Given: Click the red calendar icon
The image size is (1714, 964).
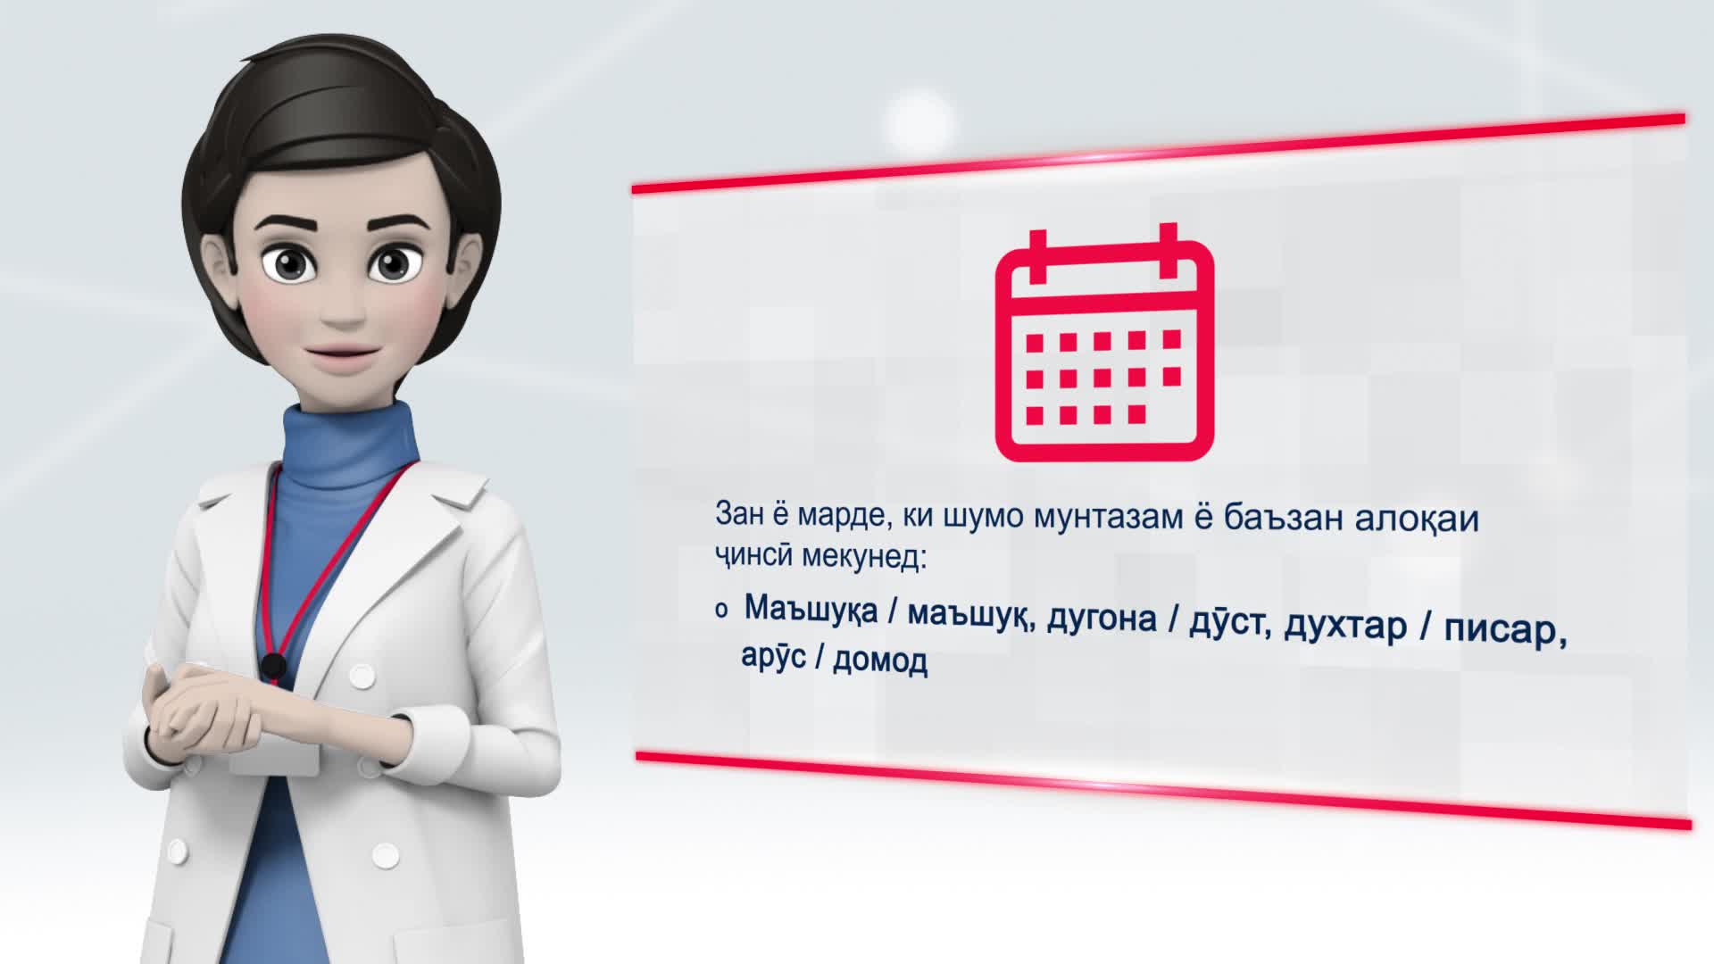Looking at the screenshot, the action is (1104, 343).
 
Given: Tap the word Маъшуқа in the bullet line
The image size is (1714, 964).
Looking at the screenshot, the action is (811, 611).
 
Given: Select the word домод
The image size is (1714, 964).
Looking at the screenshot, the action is (879, 661).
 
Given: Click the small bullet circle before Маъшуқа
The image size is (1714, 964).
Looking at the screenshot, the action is (720, 611).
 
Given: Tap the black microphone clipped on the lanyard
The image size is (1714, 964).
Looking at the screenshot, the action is (272, 666).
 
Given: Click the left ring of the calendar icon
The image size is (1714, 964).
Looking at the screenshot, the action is (1036, 253).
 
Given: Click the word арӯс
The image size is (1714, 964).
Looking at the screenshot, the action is (773, 656).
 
